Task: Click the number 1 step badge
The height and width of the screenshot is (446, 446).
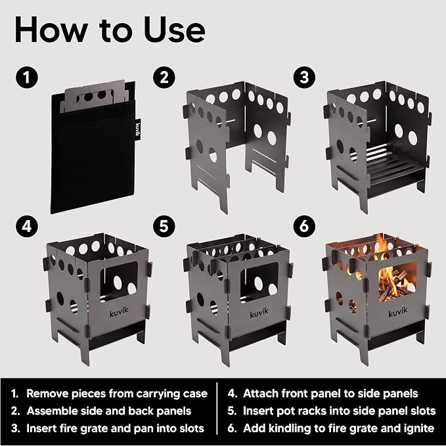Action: (x=27, y=77)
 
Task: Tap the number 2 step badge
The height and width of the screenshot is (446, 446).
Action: (x=164, y=77)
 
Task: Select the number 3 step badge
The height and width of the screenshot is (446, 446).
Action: (x=304, y=77)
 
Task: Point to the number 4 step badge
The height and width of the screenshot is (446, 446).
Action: (x=27, y=227)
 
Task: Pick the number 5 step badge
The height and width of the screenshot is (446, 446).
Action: (x=164, y=227)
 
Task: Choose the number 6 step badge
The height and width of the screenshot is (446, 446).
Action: (x=304, y=227)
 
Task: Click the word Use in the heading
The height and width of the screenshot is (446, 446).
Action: (x=174, y=30)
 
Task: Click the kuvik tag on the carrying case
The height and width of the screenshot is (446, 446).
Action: (x=138, y=129)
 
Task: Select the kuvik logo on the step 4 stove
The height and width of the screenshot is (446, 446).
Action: (x=119, y=312)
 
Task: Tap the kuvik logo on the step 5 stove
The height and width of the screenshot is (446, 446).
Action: (x=259, y=313)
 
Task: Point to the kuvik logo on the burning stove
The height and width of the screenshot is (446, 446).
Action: (x=398, y=312)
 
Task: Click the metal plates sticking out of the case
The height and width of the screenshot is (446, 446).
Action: (x=93, y=95)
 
